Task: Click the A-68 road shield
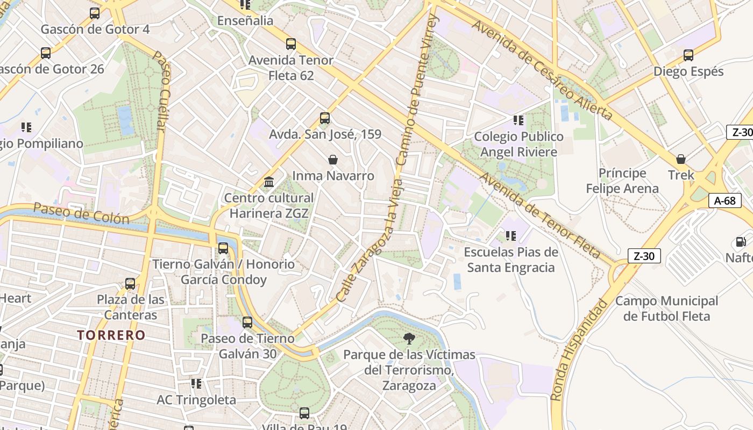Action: (725, 200)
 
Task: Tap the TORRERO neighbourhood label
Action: (111, 335)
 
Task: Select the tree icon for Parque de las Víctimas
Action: (409, 339)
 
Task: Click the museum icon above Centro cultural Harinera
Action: (269, 182)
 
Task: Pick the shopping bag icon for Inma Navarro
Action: (333, 160)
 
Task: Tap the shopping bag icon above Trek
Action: (681, 159)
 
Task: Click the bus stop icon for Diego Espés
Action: (688, 55)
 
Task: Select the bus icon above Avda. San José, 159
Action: (324, 118)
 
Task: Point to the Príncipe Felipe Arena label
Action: (622, 181)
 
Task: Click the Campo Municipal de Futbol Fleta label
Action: (666, 309)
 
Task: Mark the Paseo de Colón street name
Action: (81, 213)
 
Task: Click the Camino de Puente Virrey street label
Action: (417, 91)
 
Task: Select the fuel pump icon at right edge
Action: (741, 242)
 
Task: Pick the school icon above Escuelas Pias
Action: (511, 235)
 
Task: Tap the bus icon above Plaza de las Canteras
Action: (130, 283)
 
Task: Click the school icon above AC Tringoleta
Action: (196, 384)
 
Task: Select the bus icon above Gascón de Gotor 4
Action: (95, 13)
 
